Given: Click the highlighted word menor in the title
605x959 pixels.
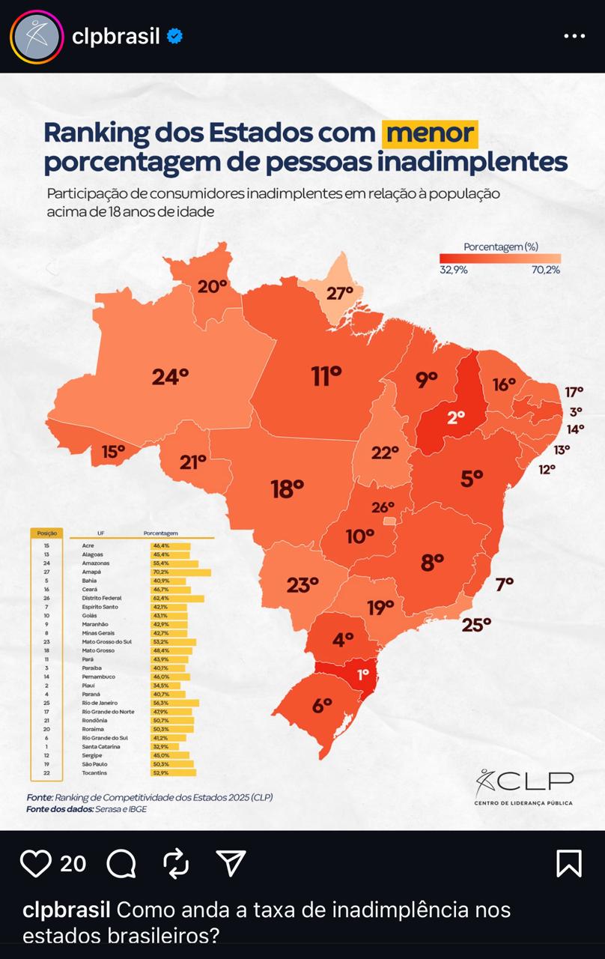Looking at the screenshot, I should (x=430, y=133).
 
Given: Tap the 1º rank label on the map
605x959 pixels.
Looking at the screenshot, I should (x=363, y=674).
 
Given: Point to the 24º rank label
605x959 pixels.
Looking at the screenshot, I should (x=170, y=376).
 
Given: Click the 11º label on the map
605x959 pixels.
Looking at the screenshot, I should (x=326, y=375).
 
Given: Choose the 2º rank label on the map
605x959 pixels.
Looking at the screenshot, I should (x=456, y=417).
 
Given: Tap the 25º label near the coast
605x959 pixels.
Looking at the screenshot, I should (x=476, y=623).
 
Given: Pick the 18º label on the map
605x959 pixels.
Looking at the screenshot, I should (x=288, y=489).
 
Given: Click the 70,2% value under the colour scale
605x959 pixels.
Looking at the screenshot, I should (x=546, y=270).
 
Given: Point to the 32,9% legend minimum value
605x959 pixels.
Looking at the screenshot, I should (x=453, y=270).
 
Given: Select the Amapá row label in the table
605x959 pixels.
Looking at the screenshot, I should (x=91, y=572).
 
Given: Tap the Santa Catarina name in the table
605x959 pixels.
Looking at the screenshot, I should (x=99, y=746).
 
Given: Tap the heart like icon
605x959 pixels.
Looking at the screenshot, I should (x=35, y=864).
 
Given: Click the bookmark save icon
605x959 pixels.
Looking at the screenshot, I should (x=569, y=864).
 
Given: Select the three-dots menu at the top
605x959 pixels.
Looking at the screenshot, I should (x=574, y=36).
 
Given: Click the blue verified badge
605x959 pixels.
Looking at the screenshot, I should (x=174, y=36).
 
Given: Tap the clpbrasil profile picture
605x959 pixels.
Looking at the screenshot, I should (x=36, y=36).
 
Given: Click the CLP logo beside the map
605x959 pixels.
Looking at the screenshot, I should (x=523, y=787).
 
